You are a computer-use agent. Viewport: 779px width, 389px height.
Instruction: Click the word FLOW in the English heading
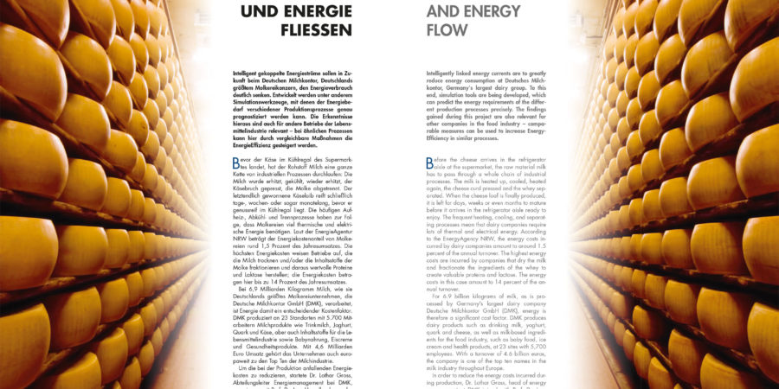pos(448,29)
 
